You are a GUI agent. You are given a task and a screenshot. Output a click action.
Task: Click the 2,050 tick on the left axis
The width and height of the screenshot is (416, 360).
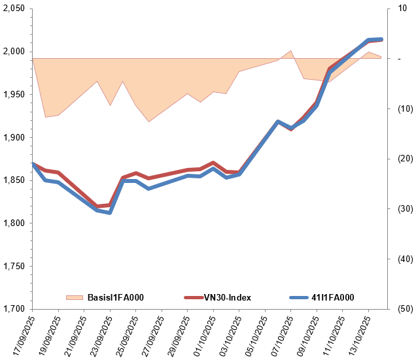coord(12,8)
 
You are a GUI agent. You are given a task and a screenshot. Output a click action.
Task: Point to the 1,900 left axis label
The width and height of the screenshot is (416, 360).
coord(12,137)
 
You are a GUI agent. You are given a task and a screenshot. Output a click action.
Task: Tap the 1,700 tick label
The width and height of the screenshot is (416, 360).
coord(12,309)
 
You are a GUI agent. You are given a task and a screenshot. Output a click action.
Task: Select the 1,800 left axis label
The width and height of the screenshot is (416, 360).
coord(12,223)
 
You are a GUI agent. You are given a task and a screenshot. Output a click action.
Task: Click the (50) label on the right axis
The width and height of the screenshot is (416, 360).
coord(397,309)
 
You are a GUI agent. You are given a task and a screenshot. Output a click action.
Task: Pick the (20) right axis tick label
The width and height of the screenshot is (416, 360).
coord(397,159)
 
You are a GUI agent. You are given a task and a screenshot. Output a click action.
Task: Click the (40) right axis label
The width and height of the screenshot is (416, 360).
coord(397,259)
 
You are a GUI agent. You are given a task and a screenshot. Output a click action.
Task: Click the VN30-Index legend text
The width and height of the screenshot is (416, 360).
coord(228,298)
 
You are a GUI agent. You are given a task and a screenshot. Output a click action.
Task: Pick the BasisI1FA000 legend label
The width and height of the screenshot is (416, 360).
coord(115,298)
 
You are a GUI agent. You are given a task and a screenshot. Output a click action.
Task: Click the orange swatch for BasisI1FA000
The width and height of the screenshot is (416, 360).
coord(75,298)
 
